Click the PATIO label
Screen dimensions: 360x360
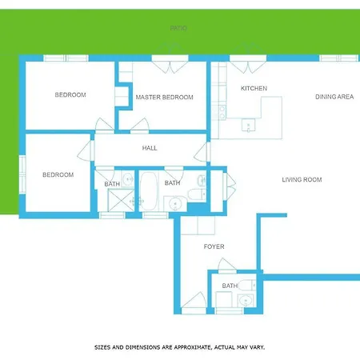(x=178, y=28)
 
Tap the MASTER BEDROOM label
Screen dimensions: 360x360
(x=164, y=98)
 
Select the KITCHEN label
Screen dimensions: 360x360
(x=254, y=88)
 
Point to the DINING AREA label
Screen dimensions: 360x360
(x=334, y=97)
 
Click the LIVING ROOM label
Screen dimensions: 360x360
(x=302, y=180)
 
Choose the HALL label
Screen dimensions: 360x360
(x=150, y=148)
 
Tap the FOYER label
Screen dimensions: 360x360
(x=214, y=246)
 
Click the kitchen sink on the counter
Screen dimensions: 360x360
(x=248, y=125)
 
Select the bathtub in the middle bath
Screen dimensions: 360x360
(x=148, y=191)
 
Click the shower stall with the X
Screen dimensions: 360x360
(x=121, y=200)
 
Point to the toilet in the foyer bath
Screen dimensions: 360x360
(x=247, y=286)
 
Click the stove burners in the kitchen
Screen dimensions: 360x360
(x=222, y=112)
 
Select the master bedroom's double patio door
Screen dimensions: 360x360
(x=170, y=64)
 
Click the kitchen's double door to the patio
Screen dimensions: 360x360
(x=248, y=64)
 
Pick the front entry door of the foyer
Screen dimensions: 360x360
(x=194, y=302)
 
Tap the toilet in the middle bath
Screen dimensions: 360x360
(x=197, y=194)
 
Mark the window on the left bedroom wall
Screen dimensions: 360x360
(x=22, y=174)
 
